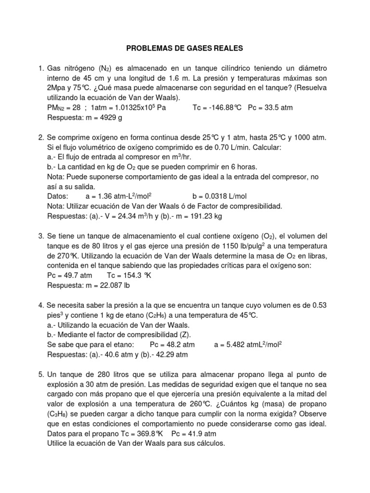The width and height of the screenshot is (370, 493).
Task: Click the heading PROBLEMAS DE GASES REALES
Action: pyautogui.click(x=185, y=49)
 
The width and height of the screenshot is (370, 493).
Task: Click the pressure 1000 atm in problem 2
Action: pyautogui.click(x=308, y=138)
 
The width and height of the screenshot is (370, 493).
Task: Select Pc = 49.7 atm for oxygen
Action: pyautogui.click(x=69, y=275)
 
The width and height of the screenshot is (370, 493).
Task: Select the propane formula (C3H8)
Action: pyautogui.click(x=60, y=414)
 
